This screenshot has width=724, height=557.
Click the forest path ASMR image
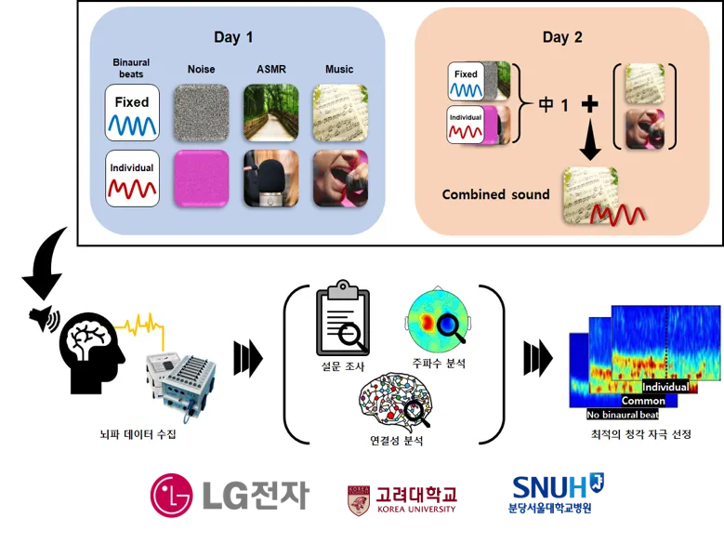272,112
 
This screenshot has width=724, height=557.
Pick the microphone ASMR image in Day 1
272,177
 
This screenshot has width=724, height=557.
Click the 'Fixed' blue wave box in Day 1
133,113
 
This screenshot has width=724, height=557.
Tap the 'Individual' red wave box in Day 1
133,177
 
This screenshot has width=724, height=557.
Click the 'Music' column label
339,69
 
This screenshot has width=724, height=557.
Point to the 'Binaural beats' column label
131,69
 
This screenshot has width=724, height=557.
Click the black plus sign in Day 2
587,104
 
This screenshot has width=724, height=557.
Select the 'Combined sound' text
495,194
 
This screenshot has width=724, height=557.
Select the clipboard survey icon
343,323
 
